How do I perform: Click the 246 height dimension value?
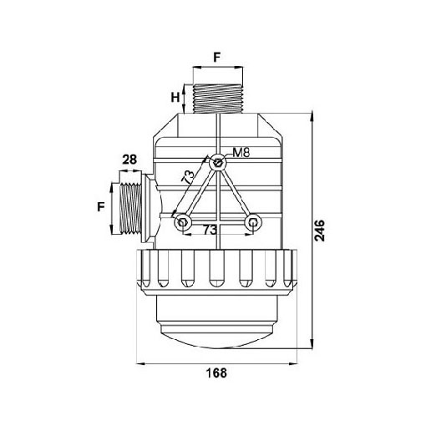pyautogui.click(x=319, y=231)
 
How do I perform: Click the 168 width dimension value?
pyautogui.click(x=216, y=373)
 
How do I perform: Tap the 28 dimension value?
pyautogui.click(x=129, y=160)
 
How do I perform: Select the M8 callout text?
pyautogui.click(x=241, y=152)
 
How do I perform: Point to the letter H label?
pyautogui.click(x=175, y=98)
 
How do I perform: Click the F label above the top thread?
pyautogui.click(x=217, y=58)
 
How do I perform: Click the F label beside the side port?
pyautogui.click(x=101, y=207)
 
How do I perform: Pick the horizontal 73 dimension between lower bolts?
pyautogui.click(x=210, y=230)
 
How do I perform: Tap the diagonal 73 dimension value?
pyautogui.click(x=188, y=176)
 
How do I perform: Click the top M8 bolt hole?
pyautogui.click(x=217, y=162)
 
